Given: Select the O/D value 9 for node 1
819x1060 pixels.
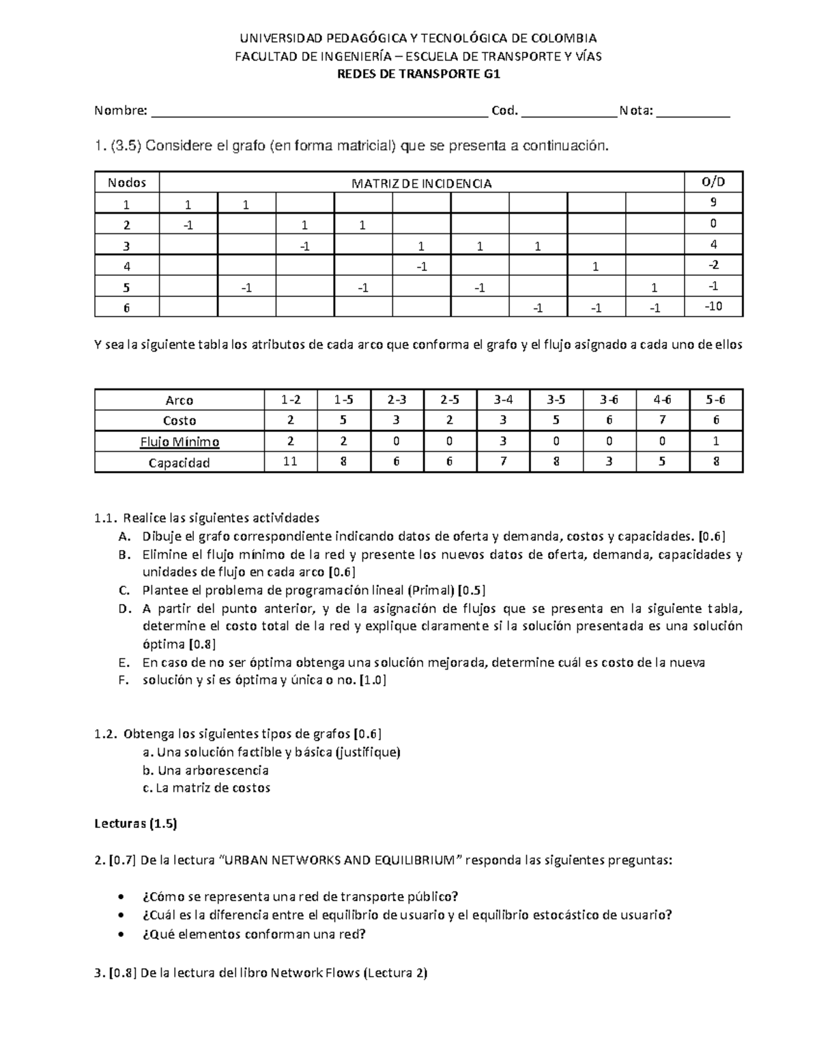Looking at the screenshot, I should point(713,202).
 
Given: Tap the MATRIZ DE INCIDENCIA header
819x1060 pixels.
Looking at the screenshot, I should point(421,183).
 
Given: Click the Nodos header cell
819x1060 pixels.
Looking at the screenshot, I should point(127,182).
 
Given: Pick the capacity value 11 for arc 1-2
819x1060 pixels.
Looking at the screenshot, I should point(290,461).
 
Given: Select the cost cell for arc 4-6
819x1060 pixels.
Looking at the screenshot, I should point(662,420).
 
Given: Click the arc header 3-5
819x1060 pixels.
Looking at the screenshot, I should point(556,400).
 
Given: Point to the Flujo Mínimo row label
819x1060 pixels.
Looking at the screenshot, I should point(179,442).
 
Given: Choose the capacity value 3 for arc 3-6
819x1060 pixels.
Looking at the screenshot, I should point(609,461).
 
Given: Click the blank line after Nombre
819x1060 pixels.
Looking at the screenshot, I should point(319,111).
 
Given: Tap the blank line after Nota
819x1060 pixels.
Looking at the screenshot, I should point(693,111).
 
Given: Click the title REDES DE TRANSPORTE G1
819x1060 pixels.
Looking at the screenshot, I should point(419,75).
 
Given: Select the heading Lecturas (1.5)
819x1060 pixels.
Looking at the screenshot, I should point(135,824).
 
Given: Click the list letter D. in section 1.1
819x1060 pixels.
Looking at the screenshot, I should point(124,609).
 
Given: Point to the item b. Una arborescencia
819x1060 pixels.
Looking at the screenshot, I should point(205,770).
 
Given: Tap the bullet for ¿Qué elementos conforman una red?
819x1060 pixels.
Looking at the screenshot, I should point(121,935).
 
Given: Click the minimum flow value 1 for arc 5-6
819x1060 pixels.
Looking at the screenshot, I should point(715,441).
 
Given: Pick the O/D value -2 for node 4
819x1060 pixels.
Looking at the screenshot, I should point(713,265).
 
